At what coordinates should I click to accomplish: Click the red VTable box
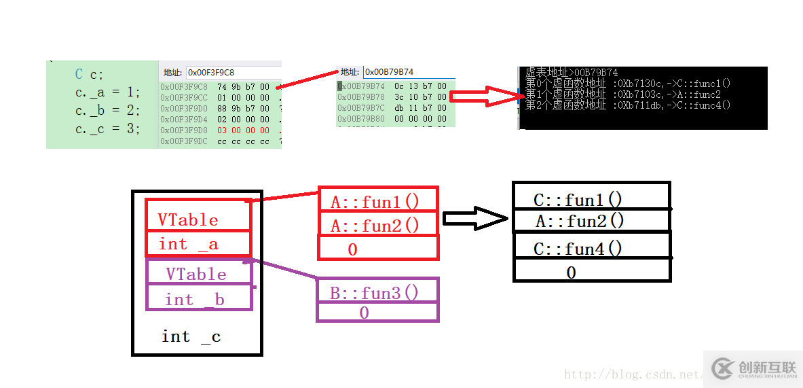tap(198, 215)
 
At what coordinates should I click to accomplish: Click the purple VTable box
tap(199, 273)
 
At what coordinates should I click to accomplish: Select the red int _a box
tap(198, 244)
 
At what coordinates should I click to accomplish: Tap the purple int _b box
tap(199, 298)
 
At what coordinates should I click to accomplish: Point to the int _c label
tap(191, 336)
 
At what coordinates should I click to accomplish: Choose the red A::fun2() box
tap(378, 224)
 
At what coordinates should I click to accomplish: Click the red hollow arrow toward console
tap(486, 96)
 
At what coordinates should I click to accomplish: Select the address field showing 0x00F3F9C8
tap(233, 72)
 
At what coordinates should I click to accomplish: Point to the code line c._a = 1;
tap(107, 92)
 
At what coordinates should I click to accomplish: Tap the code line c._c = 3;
tap(107, 128)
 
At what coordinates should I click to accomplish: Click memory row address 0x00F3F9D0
tap(184, 109)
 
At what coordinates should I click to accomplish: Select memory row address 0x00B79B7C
tap(362, 108)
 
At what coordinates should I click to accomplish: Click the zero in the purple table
tap(364, 313)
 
